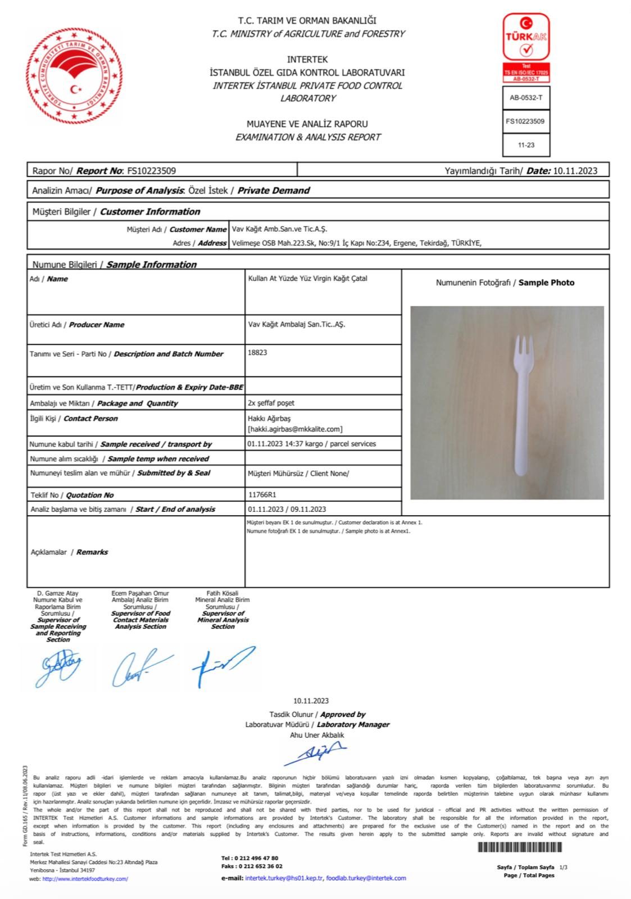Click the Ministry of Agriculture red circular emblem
pos(74,78)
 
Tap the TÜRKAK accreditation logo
pos(526,38)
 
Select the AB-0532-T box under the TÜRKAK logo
pos(526,98)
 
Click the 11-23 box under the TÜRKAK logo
pos(526,145)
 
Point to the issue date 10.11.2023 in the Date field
pos(575,171)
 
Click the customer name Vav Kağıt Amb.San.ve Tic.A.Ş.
pos(279,229)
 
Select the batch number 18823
pos(257,352)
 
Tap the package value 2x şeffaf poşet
pos(271,403)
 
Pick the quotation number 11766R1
pos(262,495)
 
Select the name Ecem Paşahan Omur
pos(140,593)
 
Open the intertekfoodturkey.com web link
pos(85,879)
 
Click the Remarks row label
pos(69,552)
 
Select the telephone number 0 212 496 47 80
pos(257,859)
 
